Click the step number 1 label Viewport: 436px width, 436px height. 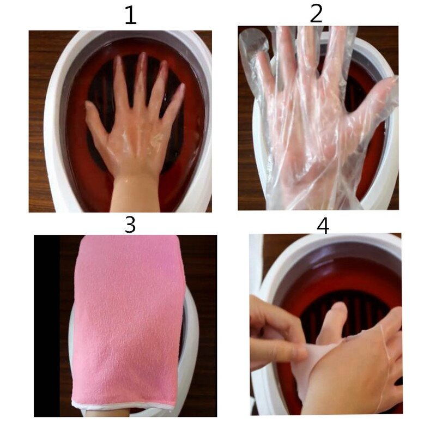pyautogui.click(x=130, y=16)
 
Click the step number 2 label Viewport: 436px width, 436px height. pyautogui.click(x=316, y=14)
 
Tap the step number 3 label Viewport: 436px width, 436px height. pyautogui.click(x=130, y=225)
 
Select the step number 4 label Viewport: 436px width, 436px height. pyautogui.click(x=323, y=225)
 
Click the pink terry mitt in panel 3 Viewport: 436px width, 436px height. pyautogui.click(x=128, y=316)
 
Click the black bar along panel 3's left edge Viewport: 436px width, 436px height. pyautogui.click(x=46, y=327)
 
